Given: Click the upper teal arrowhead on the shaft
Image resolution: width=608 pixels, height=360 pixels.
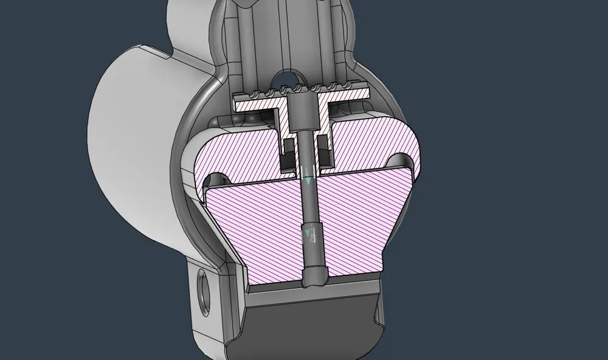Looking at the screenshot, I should [x=308, y=181].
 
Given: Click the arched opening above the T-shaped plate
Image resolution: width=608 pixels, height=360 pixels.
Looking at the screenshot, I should [x=290, y=80].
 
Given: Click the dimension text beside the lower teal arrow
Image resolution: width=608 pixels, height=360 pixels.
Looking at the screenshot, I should [x=314, y=237].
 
